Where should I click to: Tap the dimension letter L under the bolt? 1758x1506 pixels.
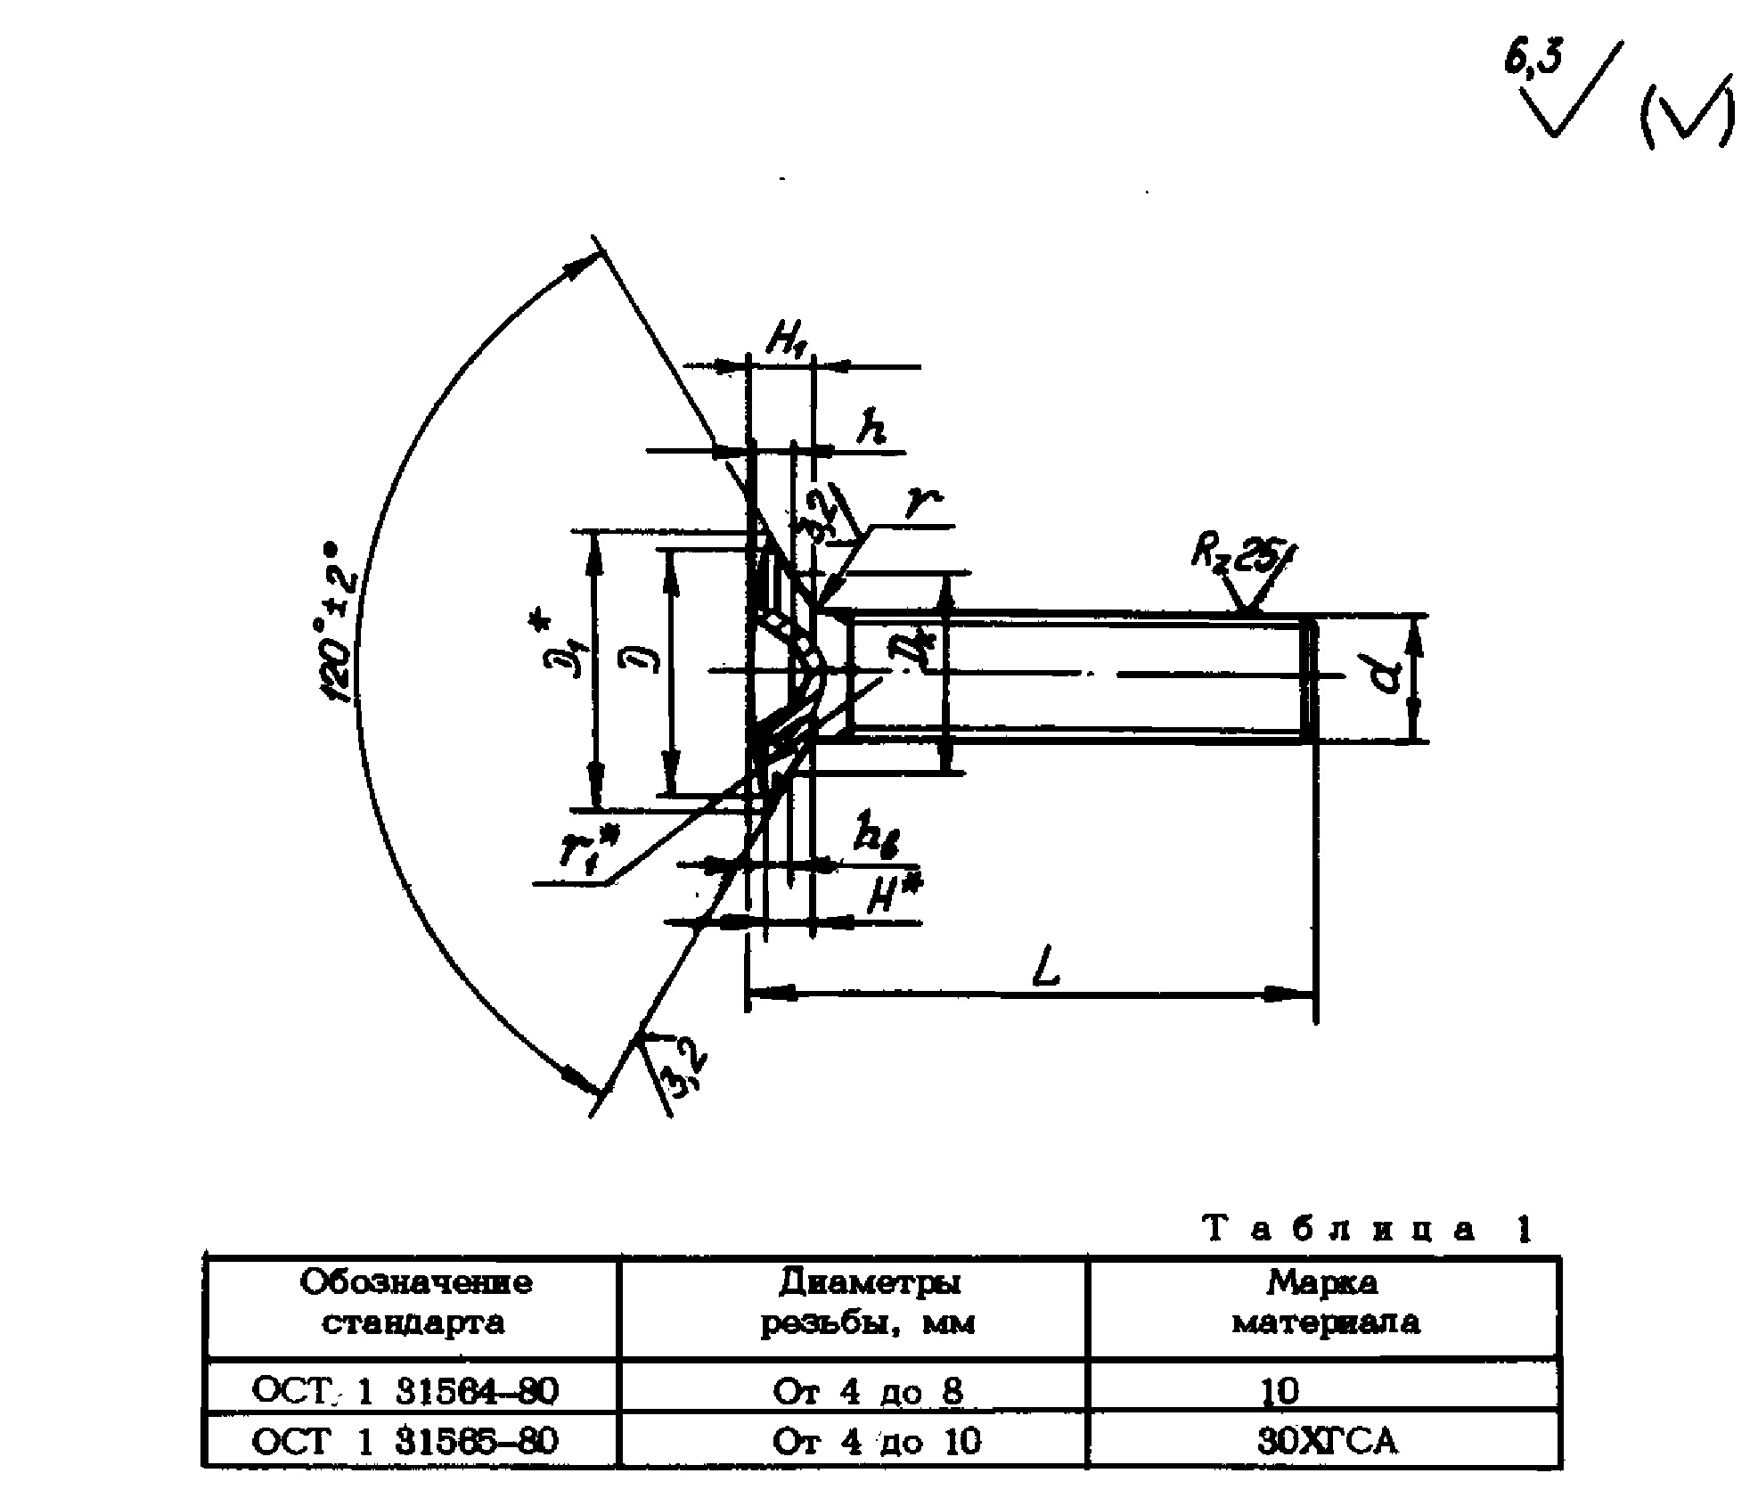[x=1046, y=969]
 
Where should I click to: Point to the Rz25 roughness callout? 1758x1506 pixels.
[x=1238, y=554]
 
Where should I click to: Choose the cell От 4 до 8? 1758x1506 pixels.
[x=868, y=1391]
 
